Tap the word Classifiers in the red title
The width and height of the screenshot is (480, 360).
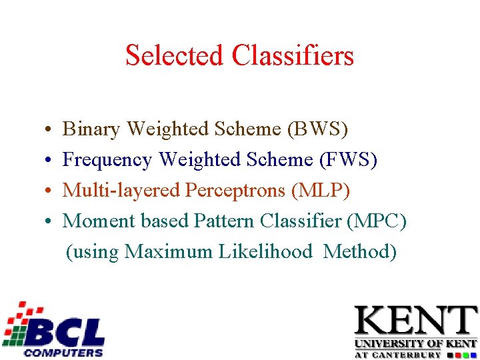(293, 55)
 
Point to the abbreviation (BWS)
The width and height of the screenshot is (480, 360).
(317, 129)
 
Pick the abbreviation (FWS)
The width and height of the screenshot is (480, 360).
(347, 160)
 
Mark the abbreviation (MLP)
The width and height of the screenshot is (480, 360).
(320, 191)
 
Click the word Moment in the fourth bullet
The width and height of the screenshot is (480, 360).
(95, 221)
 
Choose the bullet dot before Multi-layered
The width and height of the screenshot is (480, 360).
(41, 191)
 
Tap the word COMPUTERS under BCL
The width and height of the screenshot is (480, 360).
(63, 352)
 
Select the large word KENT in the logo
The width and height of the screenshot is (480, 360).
(415, 321)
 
